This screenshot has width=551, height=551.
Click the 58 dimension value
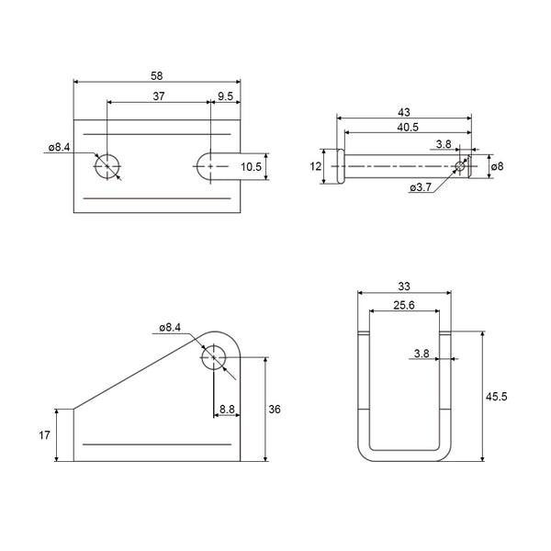pos(157,76)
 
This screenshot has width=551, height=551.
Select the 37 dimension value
pos(159,96)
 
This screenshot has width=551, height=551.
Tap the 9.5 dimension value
pos(225,96)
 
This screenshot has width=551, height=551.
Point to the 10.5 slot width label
pos(251,167)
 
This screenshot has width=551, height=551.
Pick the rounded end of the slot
pos(197,166)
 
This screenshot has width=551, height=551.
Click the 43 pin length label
pos(404,112)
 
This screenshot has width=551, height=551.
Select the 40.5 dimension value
pos(408,128)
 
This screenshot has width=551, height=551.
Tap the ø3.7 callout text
pos(421,187)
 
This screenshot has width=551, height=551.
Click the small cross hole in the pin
pos(460,166)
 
